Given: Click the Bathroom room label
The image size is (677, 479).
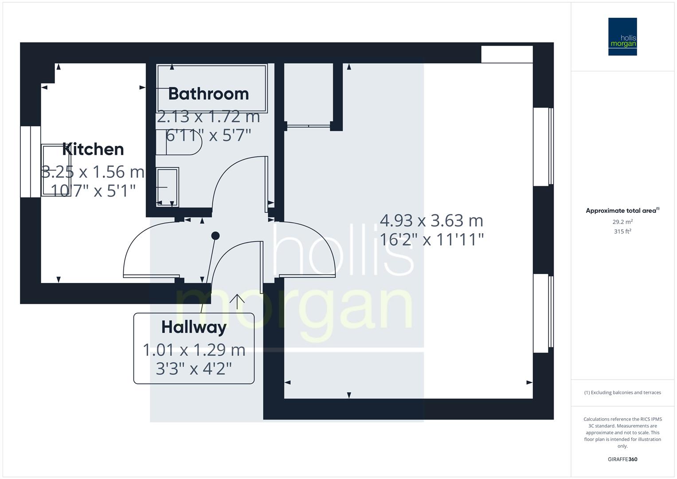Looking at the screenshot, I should pyautogui.click(x=208, y=94).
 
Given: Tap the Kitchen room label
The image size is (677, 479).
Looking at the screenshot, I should pyautogui.click(x=93, y=149).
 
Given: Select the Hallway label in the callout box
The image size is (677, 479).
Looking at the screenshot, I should pyautogui.click(x=194, y=327).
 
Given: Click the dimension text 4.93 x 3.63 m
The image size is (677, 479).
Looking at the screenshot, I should pyautogui.click(x=431, y=220).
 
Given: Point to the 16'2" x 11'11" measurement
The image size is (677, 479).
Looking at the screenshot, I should pyautogui.click(x=431, y=239).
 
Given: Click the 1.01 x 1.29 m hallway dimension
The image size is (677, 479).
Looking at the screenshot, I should pyautogui.click(x=194, y=350).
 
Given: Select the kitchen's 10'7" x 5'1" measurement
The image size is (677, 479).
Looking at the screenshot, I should pyautogui.click(x=93, y=191).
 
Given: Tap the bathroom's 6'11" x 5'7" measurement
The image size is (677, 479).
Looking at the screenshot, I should pyautogui.click(x=208, y=135).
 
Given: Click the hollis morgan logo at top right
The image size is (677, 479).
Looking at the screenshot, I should pyautogui.click(x=622, y=36).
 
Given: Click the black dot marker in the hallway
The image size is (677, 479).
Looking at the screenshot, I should pyautogui.click(x=215, y=236).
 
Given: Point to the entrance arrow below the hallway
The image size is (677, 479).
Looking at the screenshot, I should pyautogui.click(x=237, y=301).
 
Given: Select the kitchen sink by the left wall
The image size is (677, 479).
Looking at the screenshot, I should pyautogui.click(x=55, y=169).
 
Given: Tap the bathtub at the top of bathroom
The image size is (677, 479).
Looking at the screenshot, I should pyautogui.click(x=212, y=88).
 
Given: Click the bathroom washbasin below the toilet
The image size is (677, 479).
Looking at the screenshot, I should pyautogui.click(x=168, y=187).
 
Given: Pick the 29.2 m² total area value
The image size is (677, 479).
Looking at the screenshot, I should pyautogui.click(x=622, y=222).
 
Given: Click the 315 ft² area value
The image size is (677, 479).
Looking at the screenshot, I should pyautogui.click(x=622, y=232).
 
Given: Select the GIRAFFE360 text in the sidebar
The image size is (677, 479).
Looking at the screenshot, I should pyautogui.click(x=622, y=459).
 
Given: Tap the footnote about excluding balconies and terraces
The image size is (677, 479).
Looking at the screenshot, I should pyautogui.click(x=622, y=393).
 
